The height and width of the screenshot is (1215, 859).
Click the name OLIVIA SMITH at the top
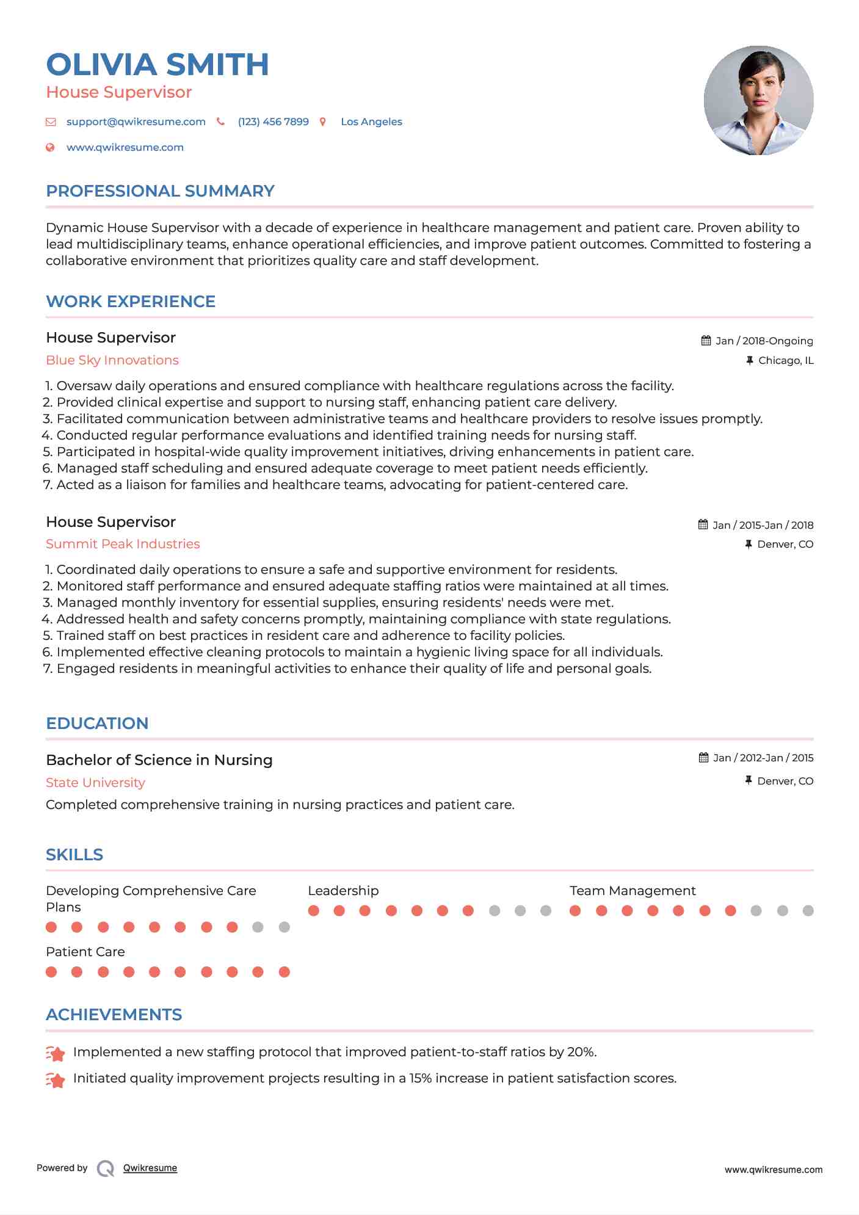[x=158, y=65]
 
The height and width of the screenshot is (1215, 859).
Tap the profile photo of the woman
[x=758, y=100]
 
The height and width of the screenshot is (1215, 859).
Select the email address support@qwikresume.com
[x=136, y=121]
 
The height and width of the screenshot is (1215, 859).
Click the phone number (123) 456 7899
[x=273, y=121]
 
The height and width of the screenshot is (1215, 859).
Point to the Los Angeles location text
[x=371, y=121]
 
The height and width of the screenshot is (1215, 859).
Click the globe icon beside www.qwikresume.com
[x=51, y=147]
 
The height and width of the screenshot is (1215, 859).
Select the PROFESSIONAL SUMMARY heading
[x=160, y=191]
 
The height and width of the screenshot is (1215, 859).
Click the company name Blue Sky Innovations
[x=112, y=360]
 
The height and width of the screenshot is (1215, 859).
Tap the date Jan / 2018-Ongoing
[x=764, y=341]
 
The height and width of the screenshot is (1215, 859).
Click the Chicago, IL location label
[x=785, y=360]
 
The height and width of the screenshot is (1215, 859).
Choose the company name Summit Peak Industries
[x=123, y=544]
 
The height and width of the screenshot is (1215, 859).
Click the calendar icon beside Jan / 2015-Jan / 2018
[x=703, y=524]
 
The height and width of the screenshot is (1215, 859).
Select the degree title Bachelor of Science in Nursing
[x=159, y=760]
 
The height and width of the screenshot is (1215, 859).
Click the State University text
[x=95, y=783]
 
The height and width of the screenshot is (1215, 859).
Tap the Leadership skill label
[x=343, y=891]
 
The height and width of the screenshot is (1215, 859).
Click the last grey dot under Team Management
[x=808, y=911]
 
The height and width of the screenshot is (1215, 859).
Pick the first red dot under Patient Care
[x=51, y=972]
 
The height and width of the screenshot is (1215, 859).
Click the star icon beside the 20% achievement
[x=56, y=1053]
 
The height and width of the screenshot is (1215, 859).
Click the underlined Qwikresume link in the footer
[x=150, y=1168]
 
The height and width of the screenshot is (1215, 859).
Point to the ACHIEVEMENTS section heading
[x=114, y=1015]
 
